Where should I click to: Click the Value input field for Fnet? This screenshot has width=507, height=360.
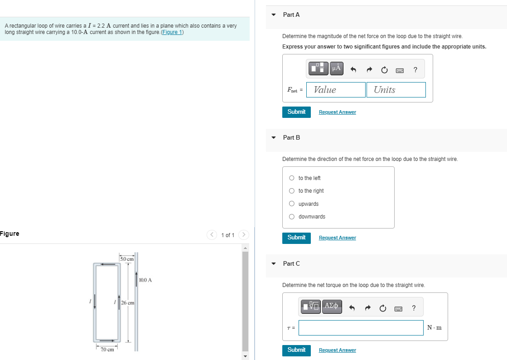coord(336,90)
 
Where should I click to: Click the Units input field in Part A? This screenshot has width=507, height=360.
coord(396,90)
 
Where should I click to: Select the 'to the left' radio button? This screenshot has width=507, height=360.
coord(292,178)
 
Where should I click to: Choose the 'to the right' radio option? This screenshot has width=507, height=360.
coord(292,191)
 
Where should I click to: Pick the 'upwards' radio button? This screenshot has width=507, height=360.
coord(292,204)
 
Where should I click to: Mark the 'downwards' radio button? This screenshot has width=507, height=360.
coord(292,217)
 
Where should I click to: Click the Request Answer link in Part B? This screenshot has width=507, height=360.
coord(337,238)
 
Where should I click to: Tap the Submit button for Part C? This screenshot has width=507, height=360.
coord(296,350)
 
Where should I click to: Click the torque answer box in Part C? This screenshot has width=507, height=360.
coord(361,328)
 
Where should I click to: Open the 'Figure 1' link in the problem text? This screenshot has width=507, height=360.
coord(172,32)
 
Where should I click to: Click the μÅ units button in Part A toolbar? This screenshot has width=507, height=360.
coord(336,68)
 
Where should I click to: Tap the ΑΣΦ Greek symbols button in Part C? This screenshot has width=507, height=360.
coord(332,306)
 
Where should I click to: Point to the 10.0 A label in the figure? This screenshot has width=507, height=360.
coord(145,280)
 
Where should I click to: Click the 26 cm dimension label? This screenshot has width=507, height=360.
coord(127,303)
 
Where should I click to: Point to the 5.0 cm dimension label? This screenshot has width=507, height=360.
coord(127,259)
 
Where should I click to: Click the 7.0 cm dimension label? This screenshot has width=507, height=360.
coord(107,349)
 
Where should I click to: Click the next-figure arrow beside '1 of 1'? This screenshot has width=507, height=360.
coord(244,235)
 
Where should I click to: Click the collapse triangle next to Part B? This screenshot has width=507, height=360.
coord(273,137)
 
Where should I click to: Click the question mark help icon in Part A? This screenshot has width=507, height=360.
coord(415,69)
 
